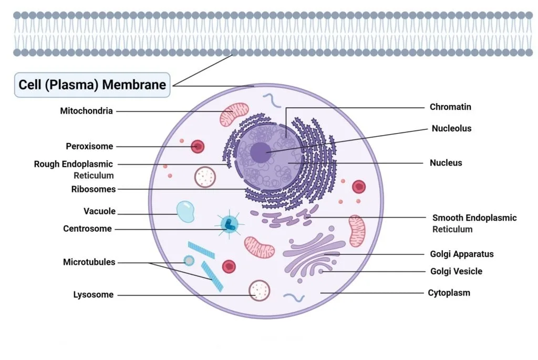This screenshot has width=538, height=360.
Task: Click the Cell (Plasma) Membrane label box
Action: (x=92, y=85)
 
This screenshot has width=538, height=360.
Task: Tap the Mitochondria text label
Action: (x=86, y=111)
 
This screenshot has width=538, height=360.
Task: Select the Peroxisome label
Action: (x=89, y=146)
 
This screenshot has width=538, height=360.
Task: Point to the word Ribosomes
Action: (x=94, y=189)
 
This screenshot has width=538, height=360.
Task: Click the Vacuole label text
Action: (x=99, y=211)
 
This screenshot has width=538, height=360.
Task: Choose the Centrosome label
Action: (x=87, y=229)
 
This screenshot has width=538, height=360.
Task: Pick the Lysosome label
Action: (x=94, y=294)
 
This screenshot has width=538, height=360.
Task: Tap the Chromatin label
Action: (x=450, y=107)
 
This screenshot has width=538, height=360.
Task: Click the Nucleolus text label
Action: (x=451, y=128)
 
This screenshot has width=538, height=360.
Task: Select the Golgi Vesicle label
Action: (x=457, y=271)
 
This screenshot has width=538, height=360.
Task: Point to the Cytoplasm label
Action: (x=449, y=293)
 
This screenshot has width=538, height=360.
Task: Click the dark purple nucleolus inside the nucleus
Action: (x=261, y=152)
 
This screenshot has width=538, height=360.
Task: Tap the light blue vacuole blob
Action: (x=185, y=211)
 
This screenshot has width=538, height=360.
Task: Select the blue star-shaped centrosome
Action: (x=229, y=224)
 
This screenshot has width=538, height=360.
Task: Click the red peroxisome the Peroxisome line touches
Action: (x=198, y=147)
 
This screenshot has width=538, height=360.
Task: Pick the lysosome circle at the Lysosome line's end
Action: (x=260, y=291)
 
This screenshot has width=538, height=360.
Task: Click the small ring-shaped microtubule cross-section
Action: (x=189, y=261)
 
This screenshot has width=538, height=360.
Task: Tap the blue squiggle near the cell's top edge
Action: (x=272, y=100)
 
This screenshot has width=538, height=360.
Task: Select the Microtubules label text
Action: (x=89, y=262)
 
